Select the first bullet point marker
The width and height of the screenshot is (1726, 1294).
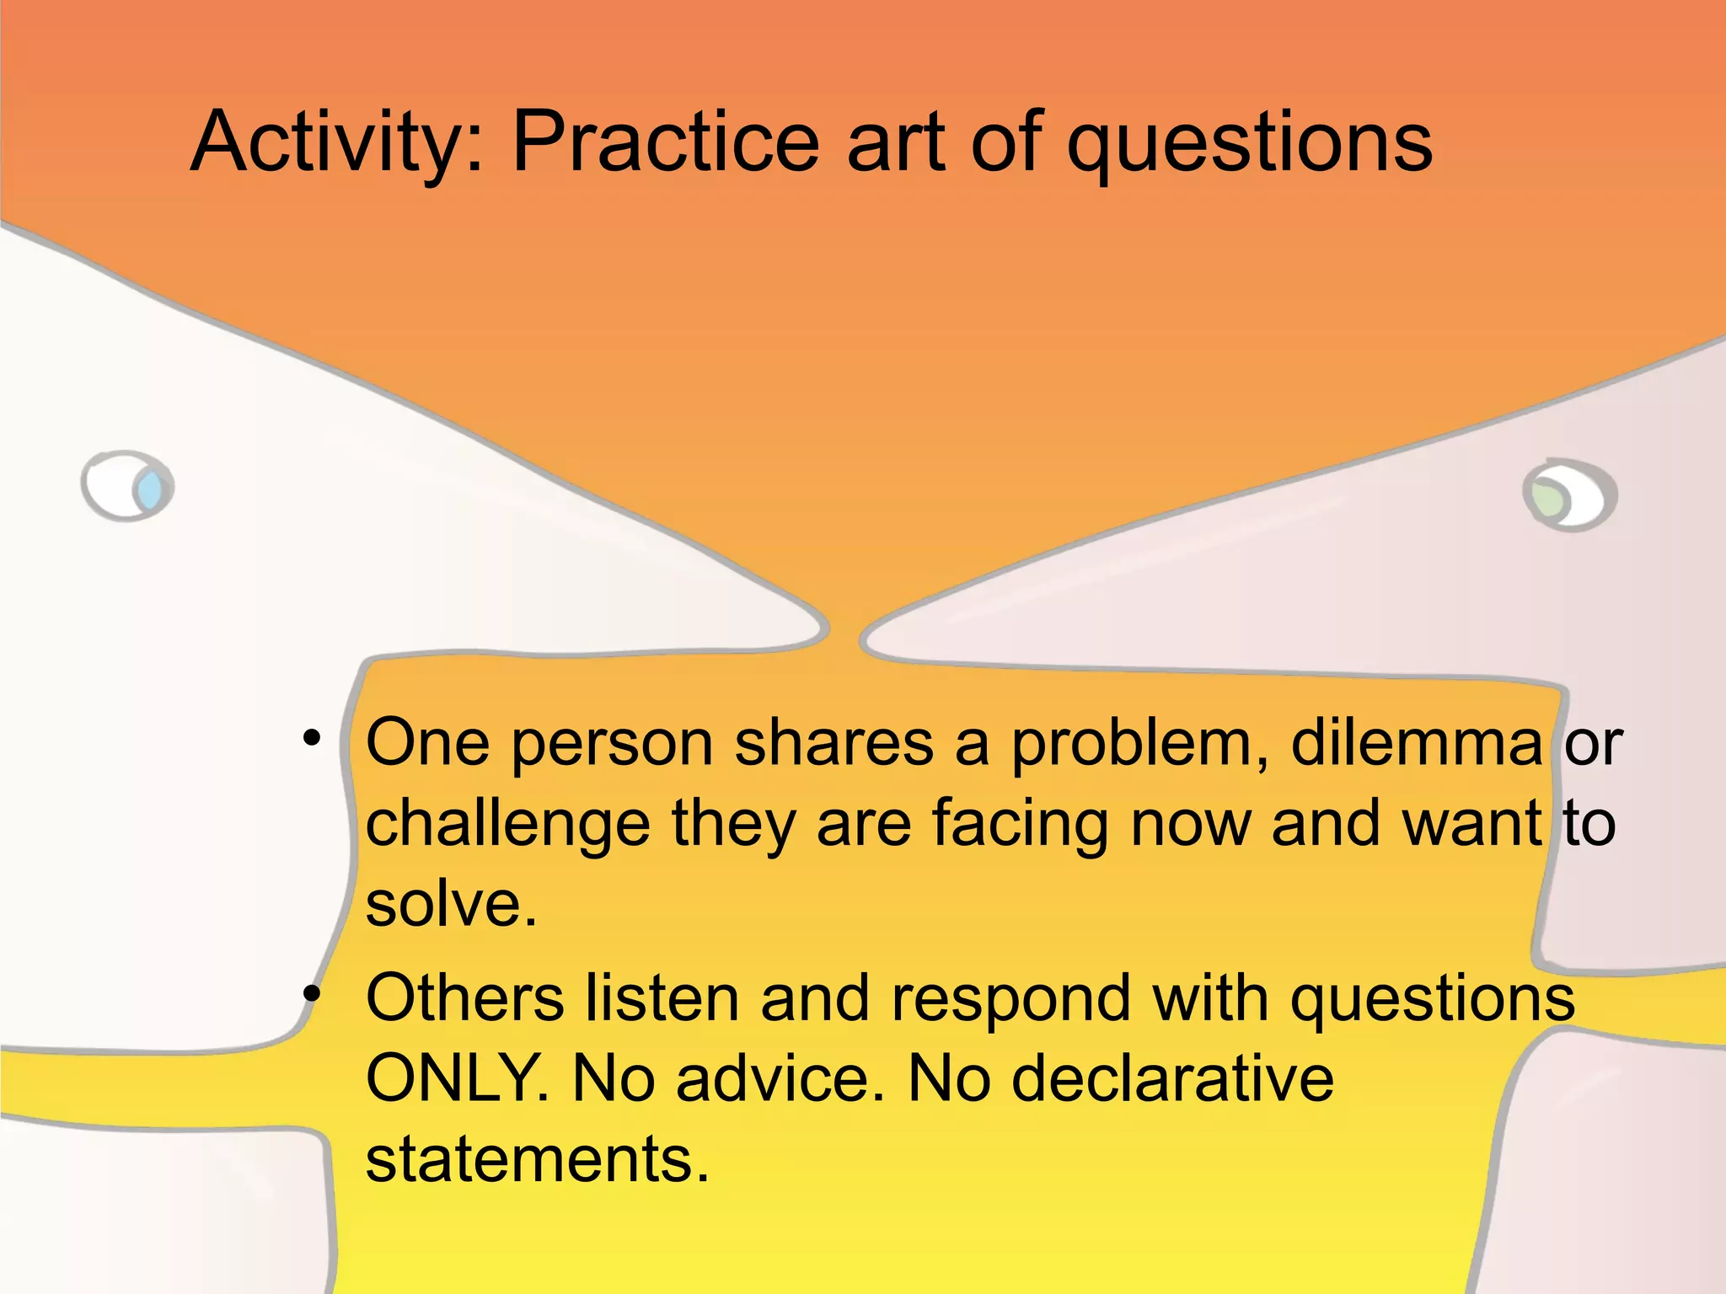tap(312, 739)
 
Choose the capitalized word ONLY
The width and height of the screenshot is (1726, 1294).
tap(455, 1078)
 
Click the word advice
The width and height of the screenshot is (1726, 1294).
tap(780, 1078)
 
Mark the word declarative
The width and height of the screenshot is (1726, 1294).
tap(1172, 1078)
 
